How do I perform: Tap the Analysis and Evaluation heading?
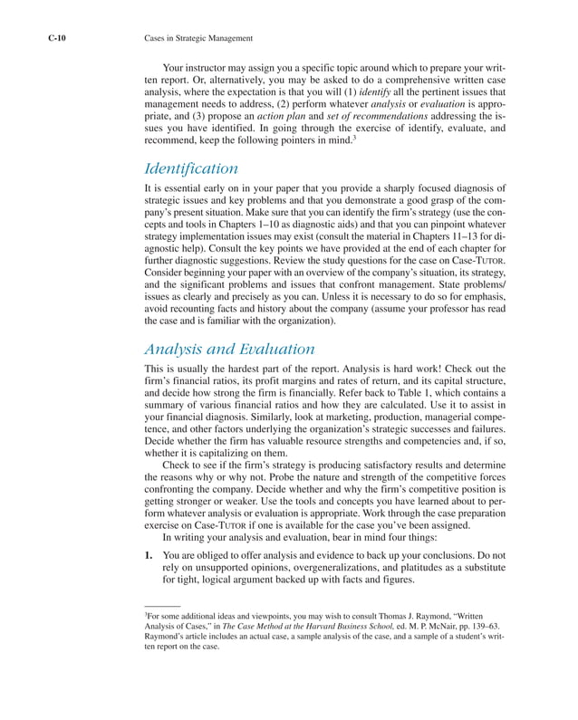tap(229, 349)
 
